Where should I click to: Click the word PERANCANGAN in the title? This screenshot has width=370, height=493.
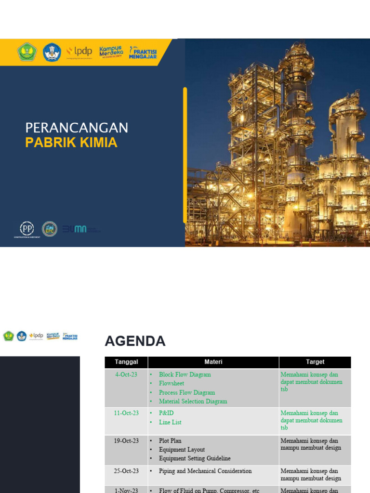(x=77, y=128)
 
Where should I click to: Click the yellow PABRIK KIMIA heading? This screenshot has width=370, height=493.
(x=71, y=143)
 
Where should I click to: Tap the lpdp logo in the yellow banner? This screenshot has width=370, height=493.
(x=79, y=51)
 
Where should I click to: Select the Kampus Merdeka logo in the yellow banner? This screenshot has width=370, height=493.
(x=111, y=52)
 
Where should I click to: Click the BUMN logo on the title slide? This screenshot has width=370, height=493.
(x=77, y=229)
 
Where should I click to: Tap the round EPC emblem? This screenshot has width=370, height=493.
(x=49, y=229)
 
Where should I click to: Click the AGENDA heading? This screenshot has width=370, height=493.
(x=135, y=341)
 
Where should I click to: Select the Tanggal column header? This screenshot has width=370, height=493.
(x=126, y=362)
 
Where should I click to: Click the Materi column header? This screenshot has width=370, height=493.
(x=213, y=362)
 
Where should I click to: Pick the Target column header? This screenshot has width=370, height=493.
(x=315, y=362)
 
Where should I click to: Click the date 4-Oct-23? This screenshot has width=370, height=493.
(x=126, y=375)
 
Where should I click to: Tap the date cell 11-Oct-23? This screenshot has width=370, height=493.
(x=126, y=413)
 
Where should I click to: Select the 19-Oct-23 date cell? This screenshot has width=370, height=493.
(x=126, y=441)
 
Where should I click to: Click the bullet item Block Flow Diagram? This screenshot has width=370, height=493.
(x=185, y=375)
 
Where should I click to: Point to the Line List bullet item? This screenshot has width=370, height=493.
(x=170, y=422)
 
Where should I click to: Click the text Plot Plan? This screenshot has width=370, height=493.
(x=170, y=441)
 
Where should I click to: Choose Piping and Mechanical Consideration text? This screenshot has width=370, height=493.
(x=205, y=471)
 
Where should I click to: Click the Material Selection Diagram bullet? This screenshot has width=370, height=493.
(x=193, y=402)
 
